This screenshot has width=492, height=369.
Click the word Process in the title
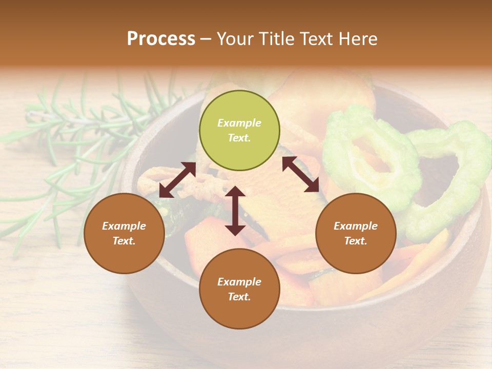click(161, 39)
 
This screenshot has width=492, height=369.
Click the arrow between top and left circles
click(177, 180)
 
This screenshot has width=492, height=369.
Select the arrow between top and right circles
click(300, 174)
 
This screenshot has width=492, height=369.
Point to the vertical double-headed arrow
click(235, 211)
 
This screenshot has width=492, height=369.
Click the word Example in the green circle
click(239, 123)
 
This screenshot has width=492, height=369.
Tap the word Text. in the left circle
click(124, 241)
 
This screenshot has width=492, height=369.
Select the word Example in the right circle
click(356, 226)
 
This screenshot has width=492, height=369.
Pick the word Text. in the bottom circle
click(239, 297)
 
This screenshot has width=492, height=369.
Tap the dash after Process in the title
click(206, 39)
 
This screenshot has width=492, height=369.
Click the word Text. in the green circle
click(239, 138)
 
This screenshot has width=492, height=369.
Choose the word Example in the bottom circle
click(239, 282)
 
